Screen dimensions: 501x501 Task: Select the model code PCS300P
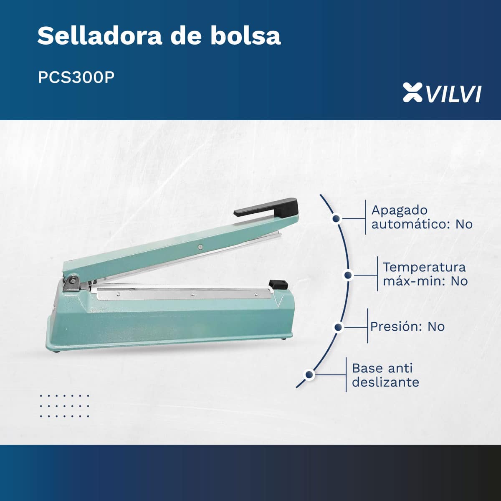coord(76,77)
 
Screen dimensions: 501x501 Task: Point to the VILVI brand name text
coord(453,94)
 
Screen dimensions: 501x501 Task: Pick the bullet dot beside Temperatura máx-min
coord(348,275)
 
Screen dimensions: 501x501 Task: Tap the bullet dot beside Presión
coord(338,327)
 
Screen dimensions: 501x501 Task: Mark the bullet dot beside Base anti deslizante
coord(309,374)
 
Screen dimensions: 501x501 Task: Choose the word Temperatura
coord(424,267)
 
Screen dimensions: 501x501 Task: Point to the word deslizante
coord(386,382)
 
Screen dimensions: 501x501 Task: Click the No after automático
coord(464,224)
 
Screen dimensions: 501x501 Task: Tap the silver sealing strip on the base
coord(185,294)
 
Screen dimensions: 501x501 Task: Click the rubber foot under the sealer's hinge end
coord(57,352)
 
